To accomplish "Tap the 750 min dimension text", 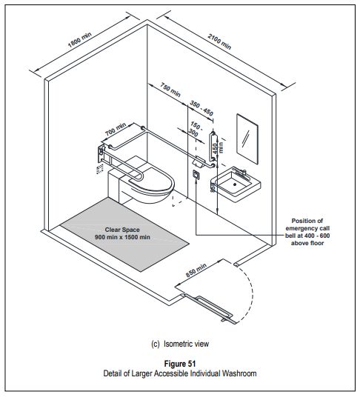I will pos(170,90).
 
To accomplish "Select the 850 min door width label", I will pos(196,273).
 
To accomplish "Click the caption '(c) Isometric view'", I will pos(180,343).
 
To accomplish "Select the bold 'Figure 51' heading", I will pos(180,363).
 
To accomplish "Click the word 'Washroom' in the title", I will pos(239,373).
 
